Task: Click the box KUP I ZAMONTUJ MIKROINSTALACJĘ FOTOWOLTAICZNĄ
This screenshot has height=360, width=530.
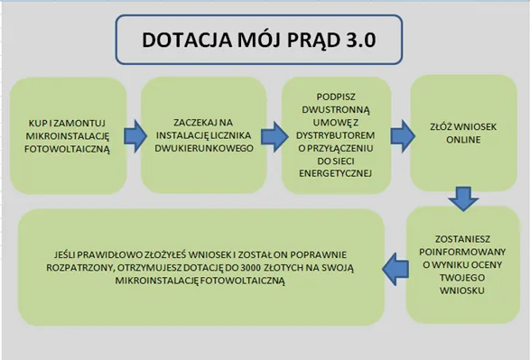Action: click(69, 134)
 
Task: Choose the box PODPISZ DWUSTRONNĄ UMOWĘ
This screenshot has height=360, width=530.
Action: click(336, 134)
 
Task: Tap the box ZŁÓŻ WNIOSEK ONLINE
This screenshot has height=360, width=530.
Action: click(460, 131)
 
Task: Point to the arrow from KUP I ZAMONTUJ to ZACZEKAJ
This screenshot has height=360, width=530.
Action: click(134, 134)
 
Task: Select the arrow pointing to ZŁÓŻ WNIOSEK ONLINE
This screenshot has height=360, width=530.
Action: click(400, 135)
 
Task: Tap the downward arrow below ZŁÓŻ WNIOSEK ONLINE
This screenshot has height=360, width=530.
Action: click(463, 196)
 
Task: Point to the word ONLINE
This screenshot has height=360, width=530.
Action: click(460, 139)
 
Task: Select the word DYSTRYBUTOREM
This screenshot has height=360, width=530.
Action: click(336, 138)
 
